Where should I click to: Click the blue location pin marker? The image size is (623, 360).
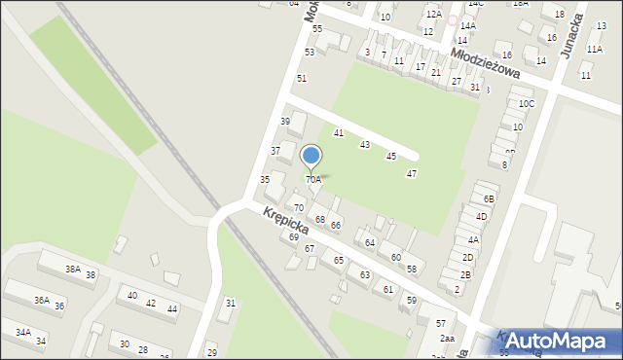tap(311, 156)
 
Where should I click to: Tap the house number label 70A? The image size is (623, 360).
tap(313, 180)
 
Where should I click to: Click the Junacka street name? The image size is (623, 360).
tap(596, 36)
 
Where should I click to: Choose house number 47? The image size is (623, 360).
tap(412, 173)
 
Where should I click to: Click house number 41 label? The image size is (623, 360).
tap(339, 132)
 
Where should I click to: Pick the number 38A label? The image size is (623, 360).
tap(73, 269)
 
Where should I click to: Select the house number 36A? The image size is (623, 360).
tap(42, 301)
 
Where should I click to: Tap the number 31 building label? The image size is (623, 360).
tap(231, 304)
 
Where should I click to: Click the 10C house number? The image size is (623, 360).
tap(527, 103)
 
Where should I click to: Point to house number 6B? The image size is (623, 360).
tap(489, 198)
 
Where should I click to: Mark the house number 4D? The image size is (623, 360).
tap(481, 216)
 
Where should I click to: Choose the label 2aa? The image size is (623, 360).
tap(447, 339)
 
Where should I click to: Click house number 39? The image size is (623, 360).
tap(285, 121)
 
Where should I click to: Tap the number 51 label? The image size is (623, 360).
tap(302, 78)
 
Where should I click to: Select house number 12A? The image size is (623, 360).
tap(433, 15)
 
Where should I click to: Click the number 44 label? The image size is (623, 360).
tap(172, 308)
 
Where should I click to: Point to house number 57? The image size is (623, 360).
tap(440, 323)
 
